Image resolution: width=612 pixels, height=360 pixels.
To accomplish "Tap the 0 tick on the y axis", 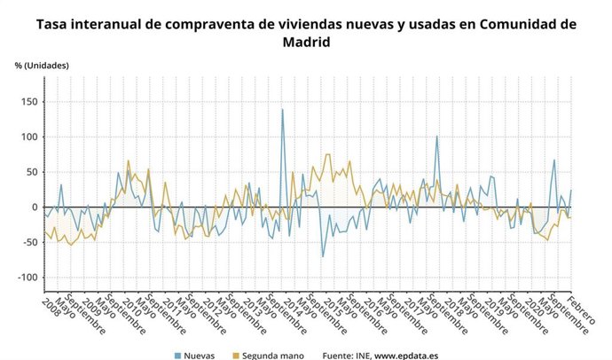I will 33,207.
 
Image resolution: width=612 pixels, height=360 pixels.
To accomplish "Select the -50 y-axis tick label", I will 27,242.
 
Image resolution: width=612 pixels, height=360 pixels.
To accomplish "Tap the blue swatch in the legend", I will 177,355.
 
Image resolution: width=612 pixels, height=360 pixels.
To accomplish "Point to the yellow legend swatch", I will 237,355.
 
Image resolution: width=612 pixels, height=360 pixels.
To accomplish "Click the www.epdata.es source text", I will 404,355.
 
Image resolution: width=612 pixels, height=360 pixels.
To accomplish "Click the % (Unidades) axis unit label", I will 42,66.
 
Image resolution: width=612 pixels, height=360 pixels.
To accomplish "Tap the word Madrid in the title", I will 306,42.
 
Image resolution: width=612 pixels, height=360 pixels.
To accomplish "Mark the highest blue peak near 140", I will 282,109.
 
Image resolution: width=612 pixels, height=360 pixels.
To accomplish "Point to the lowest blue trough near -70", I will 323,256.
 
